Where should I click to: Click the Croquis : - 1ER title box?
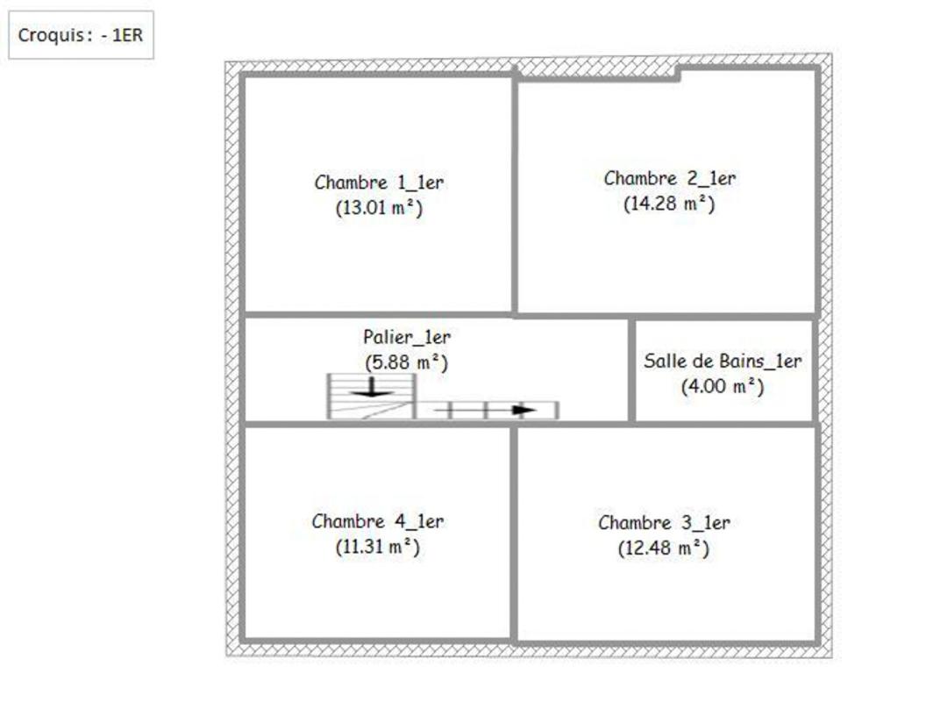[81, 34]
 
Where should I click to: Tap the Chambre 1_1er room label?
[379, 183]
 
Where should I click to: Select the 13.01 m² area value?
[379, 208]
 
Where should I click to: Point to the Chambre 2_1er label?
[669, 178]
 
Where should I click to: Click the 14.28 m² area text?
[669, 204]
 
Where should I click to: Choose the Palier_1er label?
[407, 337]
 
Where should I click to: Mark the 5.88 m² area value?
[406, 362]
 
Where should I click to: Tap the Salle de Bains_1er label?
[723, 361]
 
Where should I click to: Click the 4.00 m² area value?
[723, 386]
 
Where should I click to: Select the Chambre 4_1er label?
[378, 521]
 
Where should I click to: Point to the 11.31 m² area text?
[378, 547]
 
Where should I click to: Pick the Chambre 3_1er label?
[664, 523]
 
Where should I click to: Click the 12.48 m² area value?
[664, 548]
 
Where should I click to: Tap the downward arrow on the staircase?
[371, 387]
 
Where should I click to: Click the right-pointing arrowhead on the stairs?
[524, 411]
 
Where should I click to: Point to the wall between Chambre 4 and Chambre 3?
[514, 534]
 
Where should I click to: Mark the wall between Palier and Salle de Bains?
[631, 369]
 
